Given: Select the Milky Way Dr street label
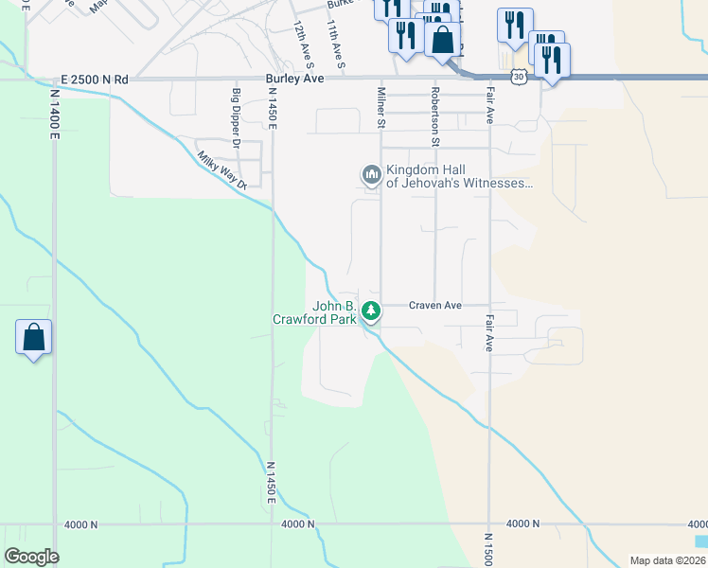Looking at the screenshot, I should pos(221,170).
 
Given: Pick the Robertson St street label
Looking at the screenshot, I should pos(436,115).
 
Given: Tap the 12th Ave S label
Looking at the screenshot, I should pos(303,45).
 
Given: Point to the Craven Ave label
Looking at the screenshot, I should pos(434,305).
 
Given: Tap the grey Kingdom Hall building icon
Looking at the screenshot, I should pos(370,175).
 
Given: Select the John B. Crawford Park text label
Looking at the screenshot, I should pos(336,312).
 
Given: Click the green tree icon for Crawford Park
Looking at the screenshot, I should pos(373,310).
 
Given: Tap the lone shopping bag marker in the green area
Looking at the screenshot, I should pos(33,338).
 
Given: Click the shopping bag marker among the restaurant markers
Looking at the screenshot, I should pos(442,40).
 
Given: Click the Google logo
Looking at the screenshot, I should pos(31,557).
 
